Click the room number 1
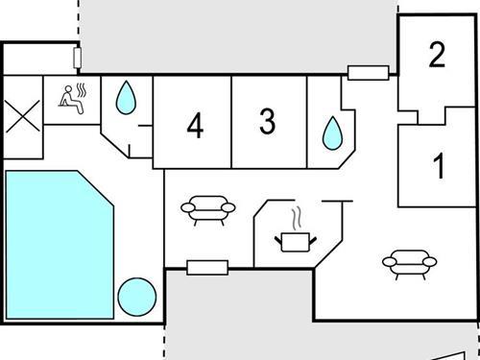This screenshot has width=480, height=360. point(440,167)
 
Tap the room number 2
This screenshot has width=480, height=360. point(437,55)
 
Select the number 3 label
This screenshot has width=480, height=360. point(267,122)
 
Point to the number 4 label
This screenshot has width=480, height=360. point(195,126)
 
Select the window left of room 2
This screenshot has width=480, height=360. point(368,72)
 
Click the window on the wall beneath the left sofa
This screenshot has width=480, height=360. point(206,267)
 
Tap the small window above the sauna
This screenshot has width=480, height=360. point(79,57)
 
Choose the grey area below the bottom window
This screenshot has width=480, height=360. point(240,317)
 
